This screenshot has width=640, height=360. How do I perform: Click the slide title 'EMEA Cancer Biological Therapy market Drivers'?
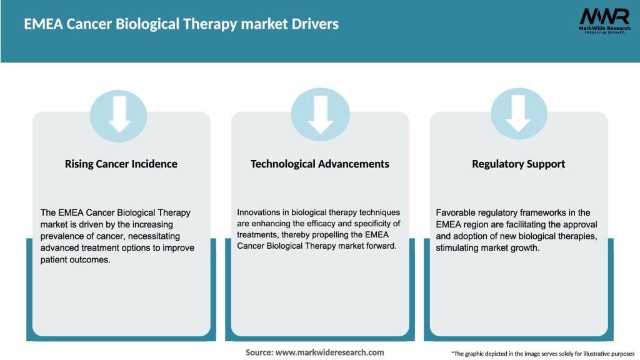(181, 24)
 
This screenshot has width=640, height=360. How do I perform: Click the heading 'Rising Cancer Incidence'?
(121, 164)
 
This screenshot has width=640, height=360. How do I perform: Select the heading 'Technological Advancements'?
(319, 164)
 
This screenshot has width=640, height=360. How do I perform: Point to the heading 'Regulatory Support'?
(518, 164)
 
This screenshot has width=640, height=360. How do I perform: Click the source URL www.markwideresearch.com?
(329, 352)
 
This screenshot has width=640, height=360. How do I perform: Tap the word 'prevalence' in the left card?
(63, 236)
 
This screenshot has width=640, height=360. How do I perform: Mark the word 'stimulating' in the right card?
(457, 247)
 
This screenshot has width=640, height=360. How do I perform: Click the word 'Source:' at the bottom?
(259, 352)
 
